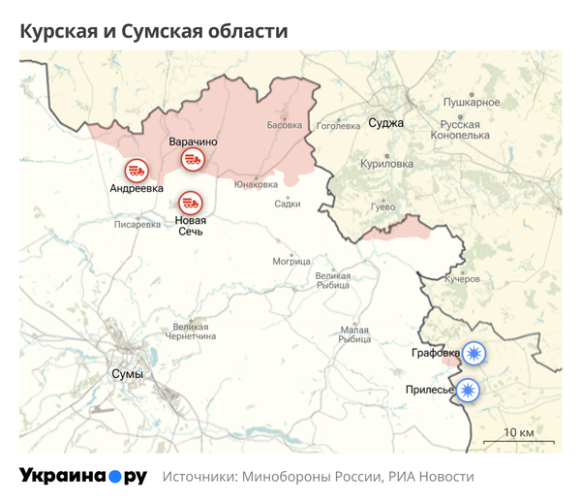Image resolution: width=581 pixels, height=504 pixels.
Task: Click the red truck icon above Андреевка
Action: tap(137, 169)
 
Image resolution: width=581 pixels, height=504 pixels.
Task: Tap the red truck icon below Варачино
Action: tap(193, 161)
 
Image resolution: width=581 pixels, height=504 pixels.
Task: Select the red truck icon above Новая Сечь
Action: tap(190, 203)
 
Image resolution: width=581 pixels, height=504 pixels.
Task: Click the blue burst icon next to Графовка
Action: tap(474, 353)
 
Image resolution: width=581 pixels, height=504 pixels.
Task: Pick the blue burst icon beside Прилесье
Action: tap(470, 390)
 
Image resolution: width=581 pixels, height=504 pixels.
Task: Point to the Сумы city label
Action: tap(128, 374)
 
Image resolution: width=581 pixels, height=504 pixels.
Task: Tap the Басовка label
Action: tap(285, 125)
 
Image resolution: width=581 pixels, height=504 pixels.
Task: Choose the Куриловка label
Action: tap(385, 165)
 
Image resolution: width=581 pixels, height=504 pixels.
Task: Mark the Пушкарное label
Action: tap(471, 103)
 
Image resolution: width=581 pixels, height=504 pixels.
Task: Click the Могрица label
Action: tap(290, 262)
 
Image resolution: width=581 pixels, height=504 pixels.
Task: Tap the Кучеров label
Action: tap(462, 279)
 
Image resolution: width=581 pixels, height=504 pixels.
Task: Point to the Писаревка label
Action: tap(138, 225)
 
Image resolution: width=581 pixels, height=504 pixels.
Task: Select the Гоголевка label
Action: tap(338, 125)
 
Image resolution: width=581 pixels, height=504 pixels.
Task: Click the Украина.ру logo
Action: tap(82, 477)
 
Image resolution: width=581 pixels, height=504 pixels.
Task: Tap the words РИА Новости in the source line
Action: tap(431, 478)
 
